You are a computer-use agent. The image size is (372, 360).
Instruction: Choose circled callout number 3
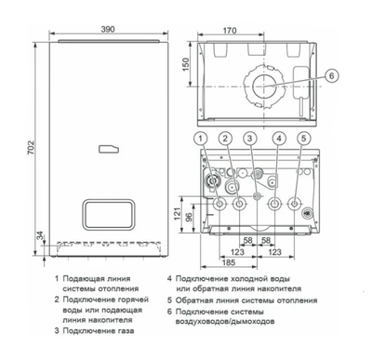click(x=250, y=140)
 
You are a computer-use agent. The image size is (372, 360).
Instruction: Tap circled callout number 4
click(x=277, y=140)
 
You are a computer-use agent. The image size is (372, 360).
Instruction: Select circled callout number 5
click(x=302, y=140)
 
